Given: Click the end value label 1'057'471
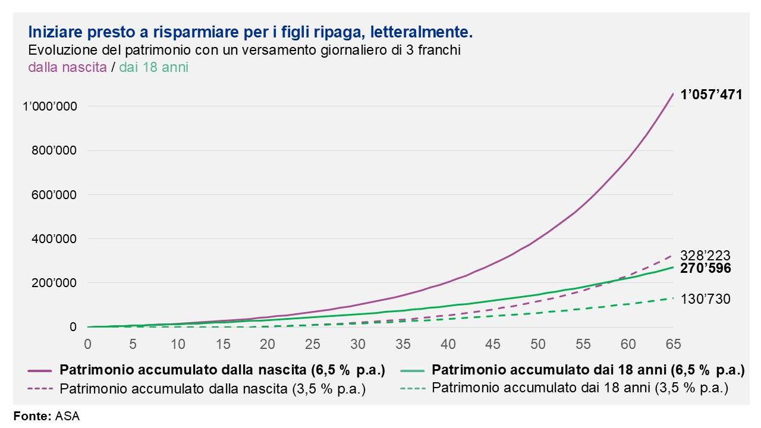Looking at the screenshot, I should click(x=711, y=94).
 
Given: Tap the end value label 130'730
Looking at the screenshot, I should click(x=706, y=299).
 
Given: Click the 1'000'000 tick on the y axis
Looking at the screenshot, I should click(x=50, y=106).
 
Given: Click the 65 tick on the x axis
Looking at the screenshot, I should click(x=673, y=344).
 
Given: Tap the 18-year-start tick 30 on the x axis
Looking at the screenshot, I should click(x=358, y=344).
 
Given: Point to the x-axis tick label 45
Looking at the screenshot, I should click(x=493, y=344).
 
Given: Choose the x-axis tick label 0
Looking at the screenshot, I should click(x=88, y=344).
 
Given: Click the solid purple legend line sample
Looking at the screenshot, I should click(x=40, y=370).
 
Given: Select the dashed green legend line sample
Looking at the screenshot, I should click(x=412, y=389).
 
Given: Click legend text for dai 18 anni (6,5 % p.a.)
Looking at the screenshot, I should click(x=588, y=370).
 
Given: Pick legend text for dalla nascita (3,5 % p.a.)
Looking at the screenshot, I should click(x=212, y=389).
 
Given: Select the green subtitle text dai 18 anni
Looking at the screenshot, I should click(x=153, y=67).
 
